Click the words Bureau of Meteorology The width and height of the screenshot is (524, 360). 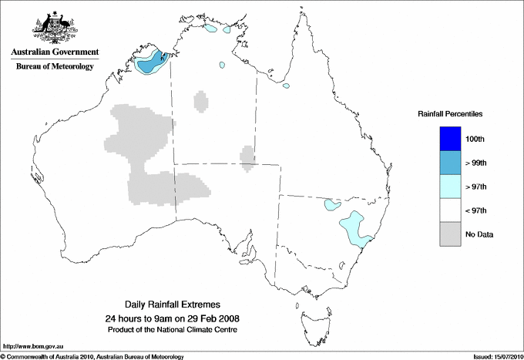click(x=55, y=67)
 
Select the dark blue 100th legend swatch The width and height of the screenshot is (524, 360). click(x=449, y=139)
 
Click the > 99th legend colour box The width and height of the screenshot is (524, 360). click(x=449, y=163)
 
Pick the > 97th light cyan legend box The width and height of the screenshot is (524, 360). click(x=449, y=187)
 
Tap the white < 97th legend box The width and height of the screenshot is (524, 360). click(x=449, y=210)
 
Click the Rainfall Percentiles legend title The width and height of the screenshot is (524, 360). click(x=450, y=113)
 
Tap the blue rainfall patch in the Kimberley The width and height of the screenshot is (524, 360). click(x=154, y=61)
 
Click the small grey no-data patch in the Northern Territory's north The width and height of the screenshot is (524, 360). click(x=200, y=101)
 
